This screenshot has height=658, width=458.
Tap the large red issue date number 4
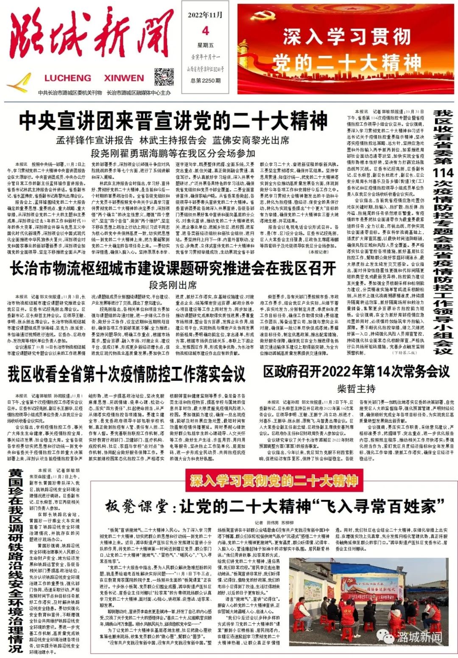[205, 31]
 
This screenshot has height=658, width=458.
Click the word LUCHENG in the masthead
[67, 78]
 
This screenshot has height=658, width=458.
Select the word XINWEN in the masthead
[124, 78]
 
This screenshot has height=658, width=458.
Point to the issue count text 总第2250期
[206, 81]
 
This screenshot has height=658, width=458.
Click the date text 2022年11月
[205, 15]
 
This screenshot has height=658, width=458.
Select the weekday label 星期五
[205, 45]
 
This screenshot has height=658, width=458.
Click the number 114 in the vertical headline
[443, 173]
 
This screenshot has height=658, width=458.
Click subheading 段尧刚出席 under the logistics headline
[173, 285]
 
